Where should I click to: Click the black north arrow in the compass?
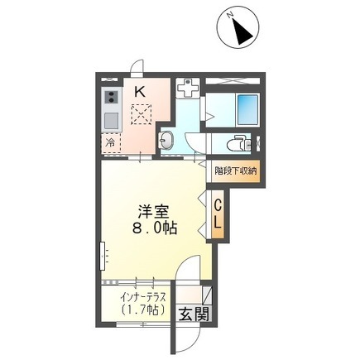click(242, 31)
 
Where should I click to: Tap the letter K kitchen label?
click(140, 92)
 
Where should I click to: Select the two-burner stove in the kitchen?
click(112, 98)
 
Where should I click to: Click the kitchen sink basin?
click(112, 121)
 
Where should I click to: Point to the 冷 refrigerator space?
click(111, 143)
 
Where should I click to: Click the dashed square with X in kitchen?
click(141, 114)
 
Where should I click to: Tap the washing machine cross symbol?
click(188, 88)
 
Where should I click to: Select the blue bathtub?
click(247, 110)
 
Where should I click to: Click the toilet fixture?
click(239, 143)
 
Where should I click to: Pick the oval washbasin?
click(166, 140)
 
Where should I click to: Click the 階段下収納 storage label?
click(236, 171)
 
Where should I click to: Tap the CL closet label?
click(218, 214)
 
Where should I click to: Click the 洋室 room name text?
click(153, 212)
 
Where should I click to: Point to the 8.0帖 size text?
click(155, 228)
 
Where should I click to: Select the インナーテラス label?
click(143, 298)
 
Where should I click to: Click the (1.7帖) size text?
click(143, 310)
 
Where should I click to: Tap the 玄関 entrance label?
click(194, 314)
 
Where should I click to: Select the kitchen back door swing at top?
click(137, 66)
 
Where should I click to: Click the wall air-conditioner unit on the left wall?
click(103, 256)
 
